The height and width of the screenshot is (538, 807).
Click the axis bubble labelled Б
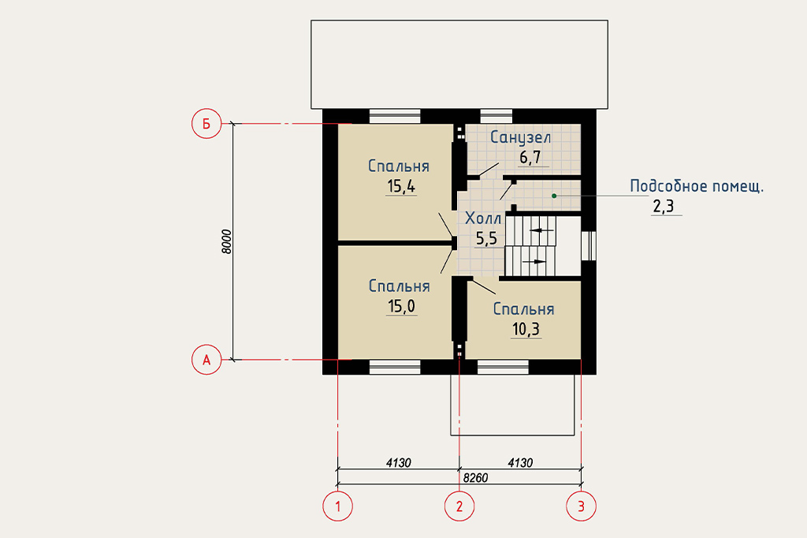(x=206, y=124)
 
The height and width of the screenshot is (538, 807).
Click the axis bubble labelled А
(x=206, y=360)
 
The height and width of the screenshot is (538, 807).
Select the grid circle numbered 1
(x=337, y=506)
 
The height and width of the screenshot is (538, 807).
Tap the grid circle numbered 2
(x=459, y=506)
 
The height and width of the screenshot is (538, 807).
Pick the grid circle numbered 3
(x=581, y=506)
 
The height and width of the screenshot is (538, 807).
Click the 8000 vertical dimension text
(x=226, y=241)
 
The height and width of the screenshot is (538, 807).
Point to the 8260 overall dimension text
(x=475, y=478)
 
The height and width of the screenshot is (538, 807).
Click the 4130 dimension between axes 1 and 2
(x=398, y=463)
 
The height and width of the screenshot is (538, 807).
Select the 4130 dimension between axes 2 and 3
(x=520, y=463)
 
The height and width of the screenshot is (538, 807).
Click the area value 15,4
(x=401, y=186)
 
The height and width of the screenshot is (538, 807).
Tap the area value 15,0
(x=401, y=306)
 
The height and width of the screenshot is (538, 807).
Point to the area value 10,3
(x=526, y=329)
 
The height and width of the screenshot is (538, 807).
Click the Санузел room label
(x=520, y=137)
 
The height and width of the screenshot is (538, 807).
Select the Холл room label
(x=483, y=219)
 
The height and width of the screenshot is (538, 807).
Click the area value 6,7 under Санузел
(x=530, y=157)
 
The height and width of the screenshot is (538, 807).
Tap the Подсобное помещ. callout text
(x=697, y=186)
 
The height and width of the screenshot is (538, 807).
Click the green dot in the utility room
(x=554, y=196)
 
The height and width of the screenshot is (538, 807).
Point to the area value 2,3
(x=664, y=207)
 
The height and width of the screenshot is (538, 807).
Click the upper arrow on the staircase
(x=542, y=230)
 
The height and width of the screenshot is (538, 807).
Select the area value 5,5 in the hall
(x=486, y=238)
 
